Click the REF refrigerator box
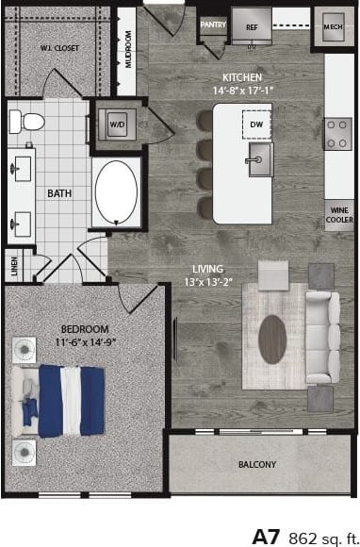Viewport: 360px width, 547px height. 252,27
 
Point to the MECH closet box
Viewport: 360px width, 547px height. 333,27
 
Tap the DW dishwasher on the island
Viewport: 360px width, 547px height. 255,123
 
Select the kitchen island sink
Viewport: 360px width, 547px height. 256,162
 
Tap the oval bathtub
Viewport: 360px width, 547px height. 117,192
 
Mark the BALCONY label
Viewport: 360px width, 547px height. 256,464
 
